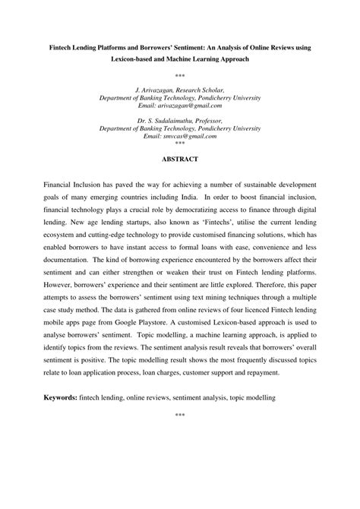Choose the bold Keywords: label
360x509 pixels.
tap(65, 397)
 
